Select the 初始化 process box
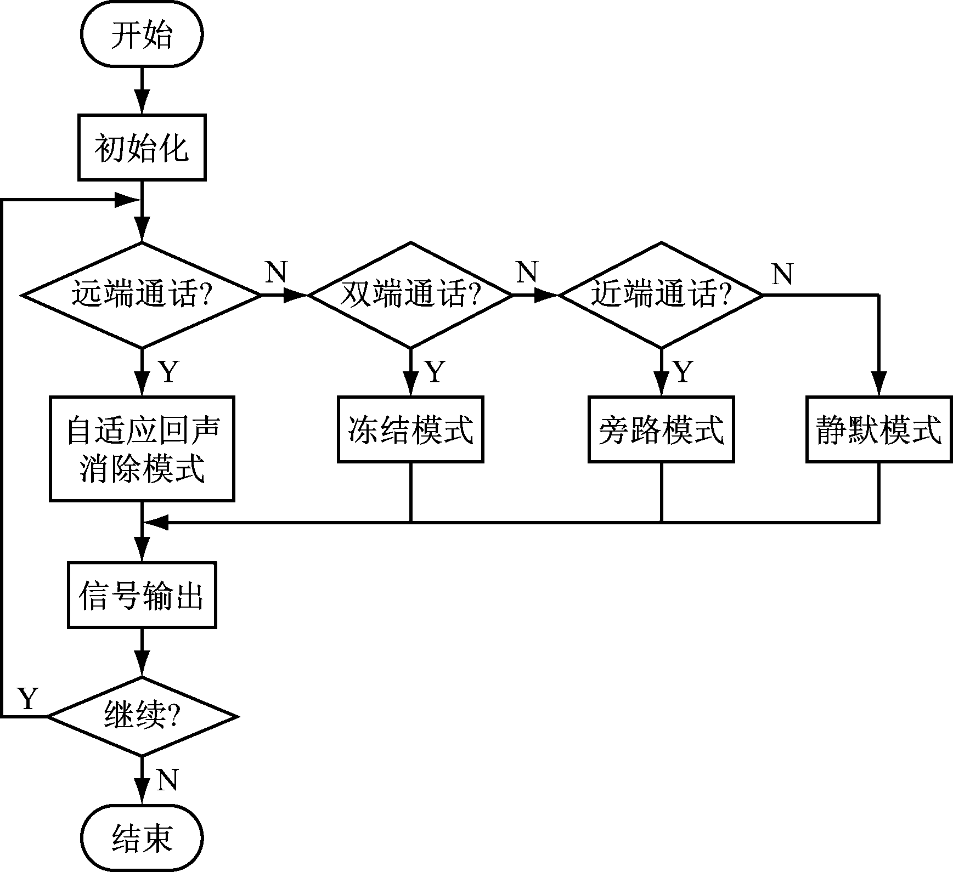[142, 148]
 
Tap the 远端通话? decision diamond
[142, 295]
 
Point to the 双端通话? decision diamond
[410, 295]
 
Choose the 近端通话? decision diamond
[661, 295]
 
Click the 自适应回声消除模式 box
[142, 449]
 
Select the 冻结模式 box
[410, 429]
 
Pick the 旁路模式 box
[661, 429]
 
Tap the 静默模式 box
[878, 429]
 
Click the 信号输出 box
[142, 595]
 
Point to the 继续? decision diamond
[142, 716]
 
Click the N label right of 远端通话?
[277, 271]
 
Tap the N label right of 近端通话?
[782, 274]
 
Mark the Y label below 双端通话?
[435, 372]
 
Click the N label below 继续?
[167, 779]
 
